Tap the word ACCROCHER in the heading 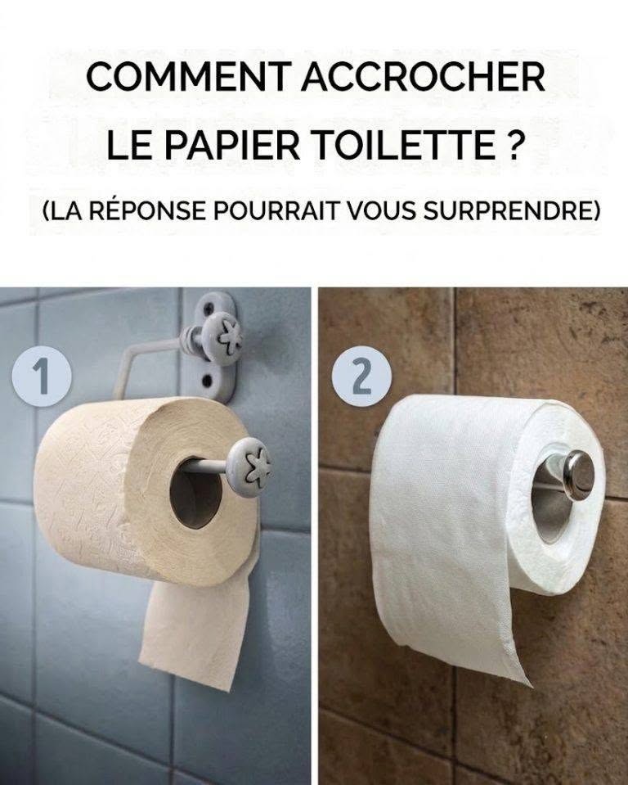tap(423, 77)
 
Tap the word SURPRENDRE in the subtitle tap(511, 210)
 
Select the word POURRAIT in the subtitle tap(275, 210)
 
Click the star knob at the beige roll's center tap(249, 467)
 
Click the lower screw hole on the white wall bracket tap(205, 381)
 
